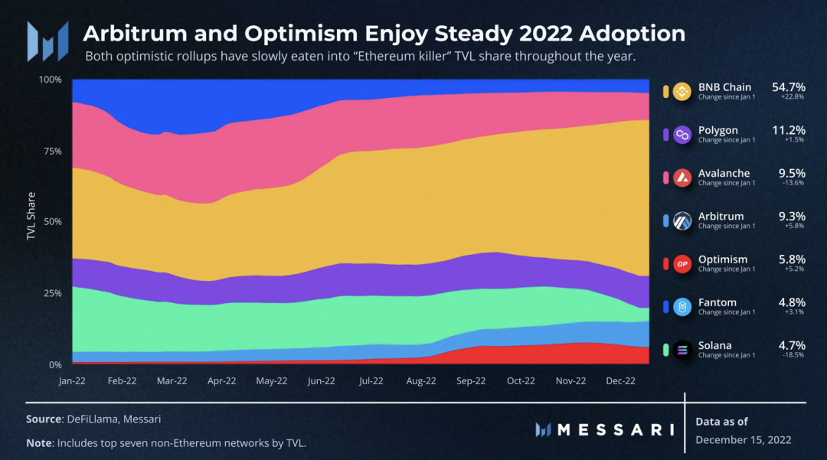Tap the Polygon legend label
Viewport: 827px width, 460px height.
point(718,130)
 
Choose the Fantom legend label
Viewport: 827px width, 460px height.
point(717,302)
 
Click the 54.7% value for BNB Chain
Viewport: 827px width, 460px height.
point(788,87)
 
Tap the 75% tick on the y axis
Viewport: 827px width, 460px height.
point(52,151)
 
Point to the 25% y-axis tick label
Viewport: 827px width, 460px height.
point(52,294)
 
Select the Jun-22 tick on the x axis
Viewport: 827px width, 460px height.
point(322,380)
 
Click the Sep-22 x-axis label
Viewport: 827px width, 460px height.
point(471,380)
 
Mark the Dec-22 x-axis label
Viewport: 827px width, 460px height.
point(620,380)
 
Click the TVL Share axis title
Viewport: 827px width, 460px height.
point(31,216)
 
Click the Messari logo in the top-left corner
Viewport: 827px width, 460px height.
point(47,41)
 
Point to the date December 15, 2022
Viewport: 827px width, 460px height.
point(744,439)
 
